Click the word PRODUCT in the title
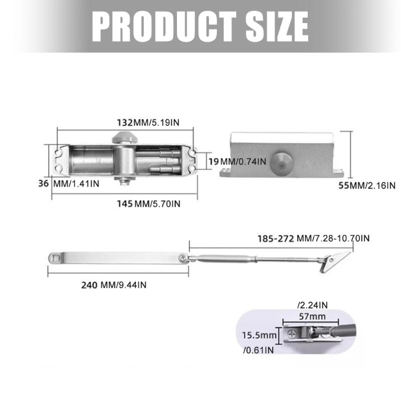coord(164,27)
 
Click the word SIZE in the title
coord(277,27)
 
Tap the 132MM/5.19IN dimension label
coord(148,122)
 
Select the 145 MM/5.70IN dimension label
coord(148,204)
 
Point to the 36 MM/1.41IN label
coord(69,183)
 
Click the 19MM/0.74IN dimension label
coord(237,161)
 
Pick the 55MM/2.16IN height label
coord(367,185)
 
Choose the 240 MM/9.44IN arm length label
coord(114,285)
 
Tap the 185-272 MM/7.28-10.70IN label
coord(314,239)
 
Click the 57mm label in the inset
coord(312,317)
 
